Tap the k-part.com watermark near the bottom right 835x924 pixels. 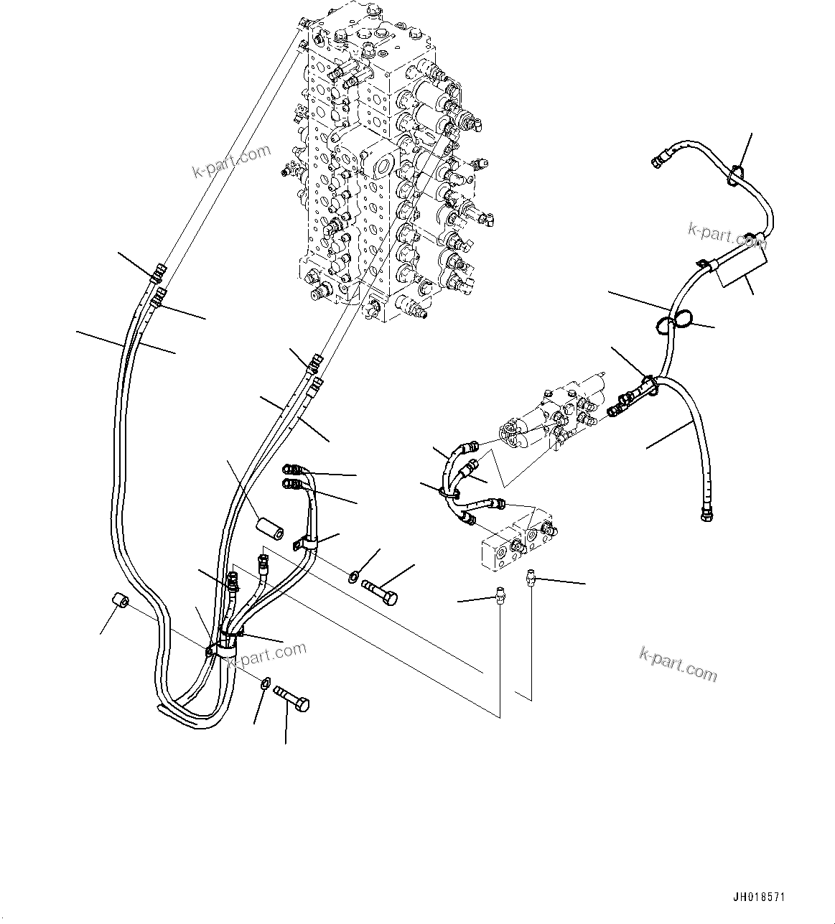click(x=678, y=664)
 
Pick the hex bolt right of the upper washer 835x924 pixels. click(x=381, y=593)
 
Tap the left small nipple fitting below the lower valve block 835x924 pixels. click(x=500, y=597)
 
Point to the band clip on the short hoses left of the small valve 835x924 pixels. click(x=450, y=493)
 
